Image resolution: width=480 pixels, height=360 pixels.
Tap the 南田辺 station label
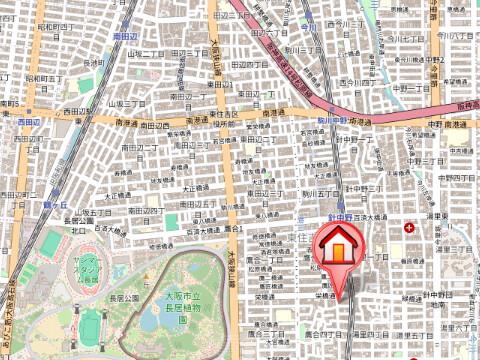(x=126, y=35)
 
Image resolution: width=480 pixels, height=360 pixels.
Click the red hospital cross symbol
(x=410, y=229)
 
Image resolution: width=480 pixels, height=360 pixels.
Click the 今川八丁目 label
(x=460, y=36)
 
